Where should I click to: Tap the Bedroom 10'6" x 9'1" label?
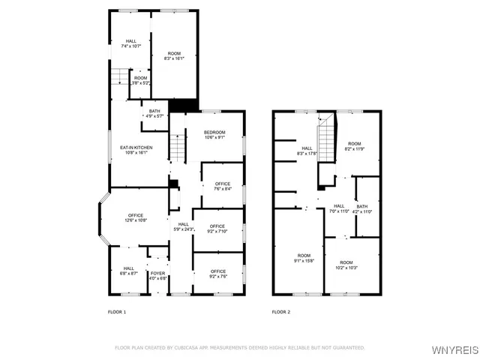[214, 134]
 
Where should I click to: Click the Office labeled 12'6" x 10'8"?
[135, 217]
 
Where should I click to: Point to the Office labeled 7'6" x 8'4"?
[223, 186]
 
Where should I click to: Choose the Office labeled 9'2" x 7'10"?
[217, 229]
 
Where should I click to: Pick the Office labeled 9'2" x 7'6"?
[218, 274]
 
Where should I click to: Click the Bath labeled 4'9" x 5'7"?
[154, 114]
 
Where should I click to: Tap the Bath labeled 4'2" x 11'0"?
[362, 209]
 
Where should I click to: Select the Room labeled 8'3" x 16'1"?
[174, 55]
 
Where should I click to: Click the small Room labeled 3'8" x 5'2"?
[141, 80]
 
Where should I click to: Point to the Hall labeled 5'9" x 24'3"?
[184, 226]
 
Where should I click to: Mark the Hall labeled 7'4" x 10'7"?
[131, 43]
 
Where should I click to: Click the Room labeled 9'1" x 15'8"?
[303, 259]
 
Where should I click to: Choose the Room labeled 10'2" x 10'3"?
[346, 265]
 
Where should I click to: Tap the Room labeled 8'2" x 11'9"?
[354, 146]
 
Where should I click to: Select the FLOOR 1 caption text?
[116, 311]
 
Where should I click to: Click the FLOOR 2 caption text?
[280, 311]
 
